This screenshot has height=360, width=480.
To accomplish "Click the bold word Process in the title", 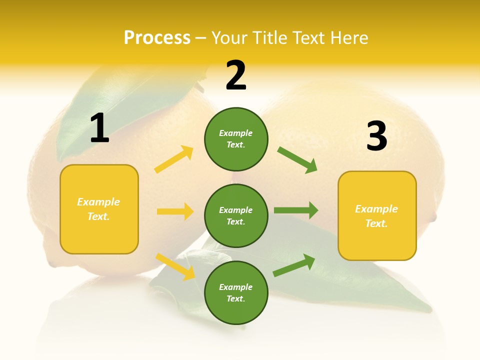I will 157,38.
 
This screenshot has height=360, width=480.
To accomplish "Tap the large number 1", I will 99,128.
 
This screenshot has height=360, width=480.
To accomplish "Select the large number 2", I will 236,75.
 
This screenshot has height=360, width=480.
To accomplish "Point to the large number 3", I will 376,136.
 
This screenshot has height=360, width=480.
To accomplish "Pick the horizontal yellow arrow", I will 175,211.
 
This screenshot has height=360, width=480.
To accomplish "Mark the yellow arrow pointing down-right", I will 175,266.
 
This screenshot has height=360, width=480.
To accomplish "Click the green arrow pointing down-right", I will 297,160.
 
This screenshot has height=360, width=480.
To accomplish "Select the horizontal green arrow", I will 296,210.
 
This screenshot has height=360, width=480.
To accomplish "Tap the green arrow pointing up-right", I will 294,265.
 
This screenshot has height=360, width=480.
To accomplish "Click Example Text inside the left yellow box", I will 98,209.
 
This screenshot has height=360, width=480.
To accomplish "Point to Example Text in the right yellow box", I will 376,216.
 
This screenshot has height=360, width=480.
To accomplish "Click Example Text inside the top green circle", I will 236,139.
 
